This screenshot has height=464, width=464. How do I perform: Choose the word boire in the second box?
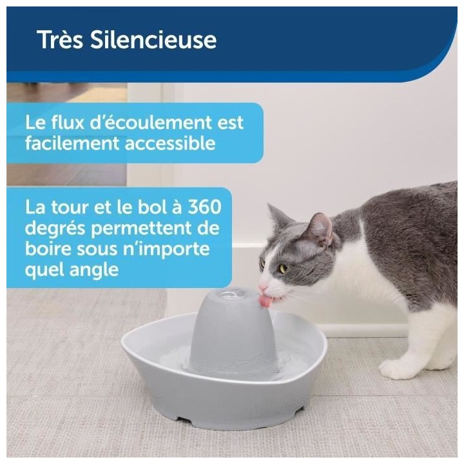click(x=50, y=249)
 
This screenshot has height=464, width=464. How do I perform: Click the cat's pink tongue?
click(x=266, y=300)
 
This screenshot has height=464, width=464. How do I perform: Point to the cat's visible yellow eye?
click(x=282, y=267)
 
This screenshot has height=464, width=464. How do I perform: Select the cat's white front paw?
click(x=394, y=369)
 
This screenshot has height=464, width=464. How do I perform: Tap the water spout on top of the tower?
click(x=229, y=294)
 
